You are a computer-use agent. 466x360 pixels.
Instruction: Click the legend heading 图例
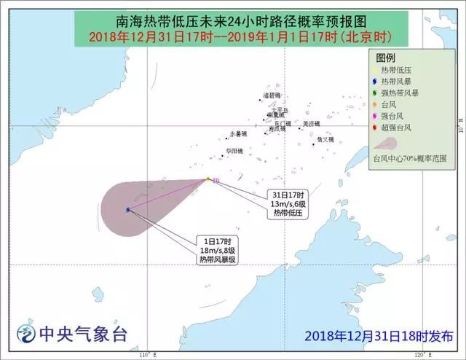386,57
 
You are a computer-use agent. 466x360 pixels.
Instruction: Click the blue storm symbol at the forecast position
127,210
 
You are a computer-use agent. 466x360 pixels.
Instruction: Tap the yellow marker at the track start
208,178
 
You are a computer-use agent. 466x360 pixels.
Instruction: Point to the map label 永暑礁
238,134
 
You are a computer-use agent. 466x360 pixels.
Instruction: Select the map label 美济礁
311,124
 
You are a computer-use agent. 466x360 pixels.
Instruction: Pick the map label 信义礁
325,140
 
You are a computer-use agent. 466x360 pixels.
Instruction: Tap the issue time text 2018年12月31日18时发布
379,335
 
